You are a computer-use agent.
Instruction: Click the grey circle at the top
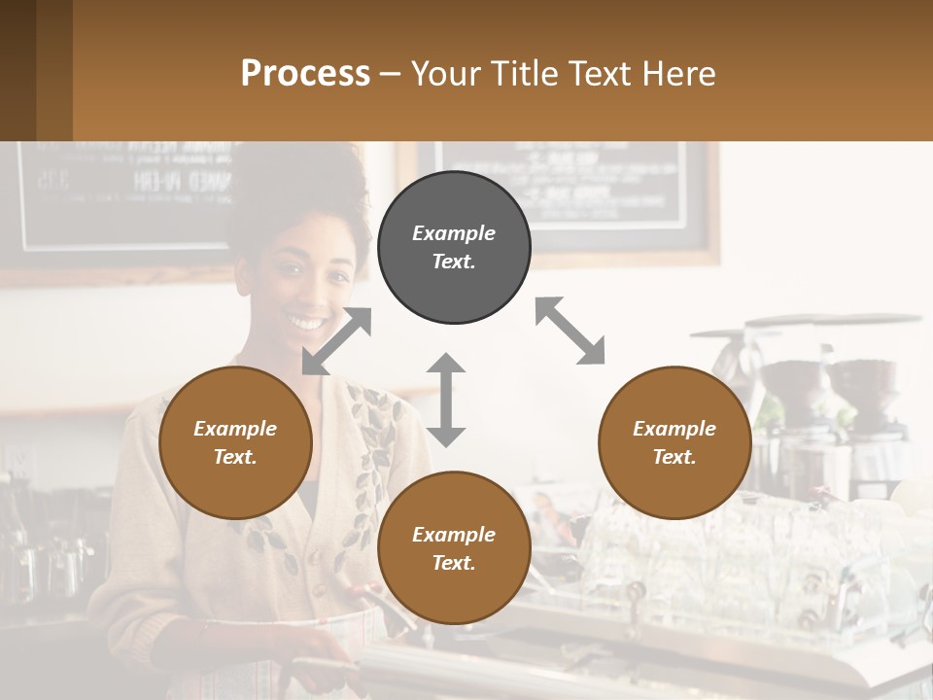[454, 248]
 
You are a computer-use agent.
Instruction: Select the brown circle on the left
[235, 442]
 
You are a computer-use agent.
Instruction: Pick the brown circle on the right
[674, 442]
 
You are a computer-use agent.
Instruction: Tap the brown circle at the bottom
[454, 548]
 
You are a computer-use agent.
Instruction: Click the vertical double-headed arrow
[446, 400]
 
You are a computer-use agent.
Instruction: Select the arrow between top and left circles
[337, 341]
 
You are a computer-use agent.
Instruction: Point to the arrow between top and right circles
[570, 332]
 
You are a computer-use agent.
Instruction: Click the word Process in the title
[305, 73]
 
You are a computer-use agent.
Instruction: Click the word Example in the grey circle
[454, 233]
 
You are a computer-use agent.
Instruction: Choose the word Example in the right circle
[674, 429]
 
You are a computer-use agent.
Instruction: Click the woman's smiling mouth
[307, 321]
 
